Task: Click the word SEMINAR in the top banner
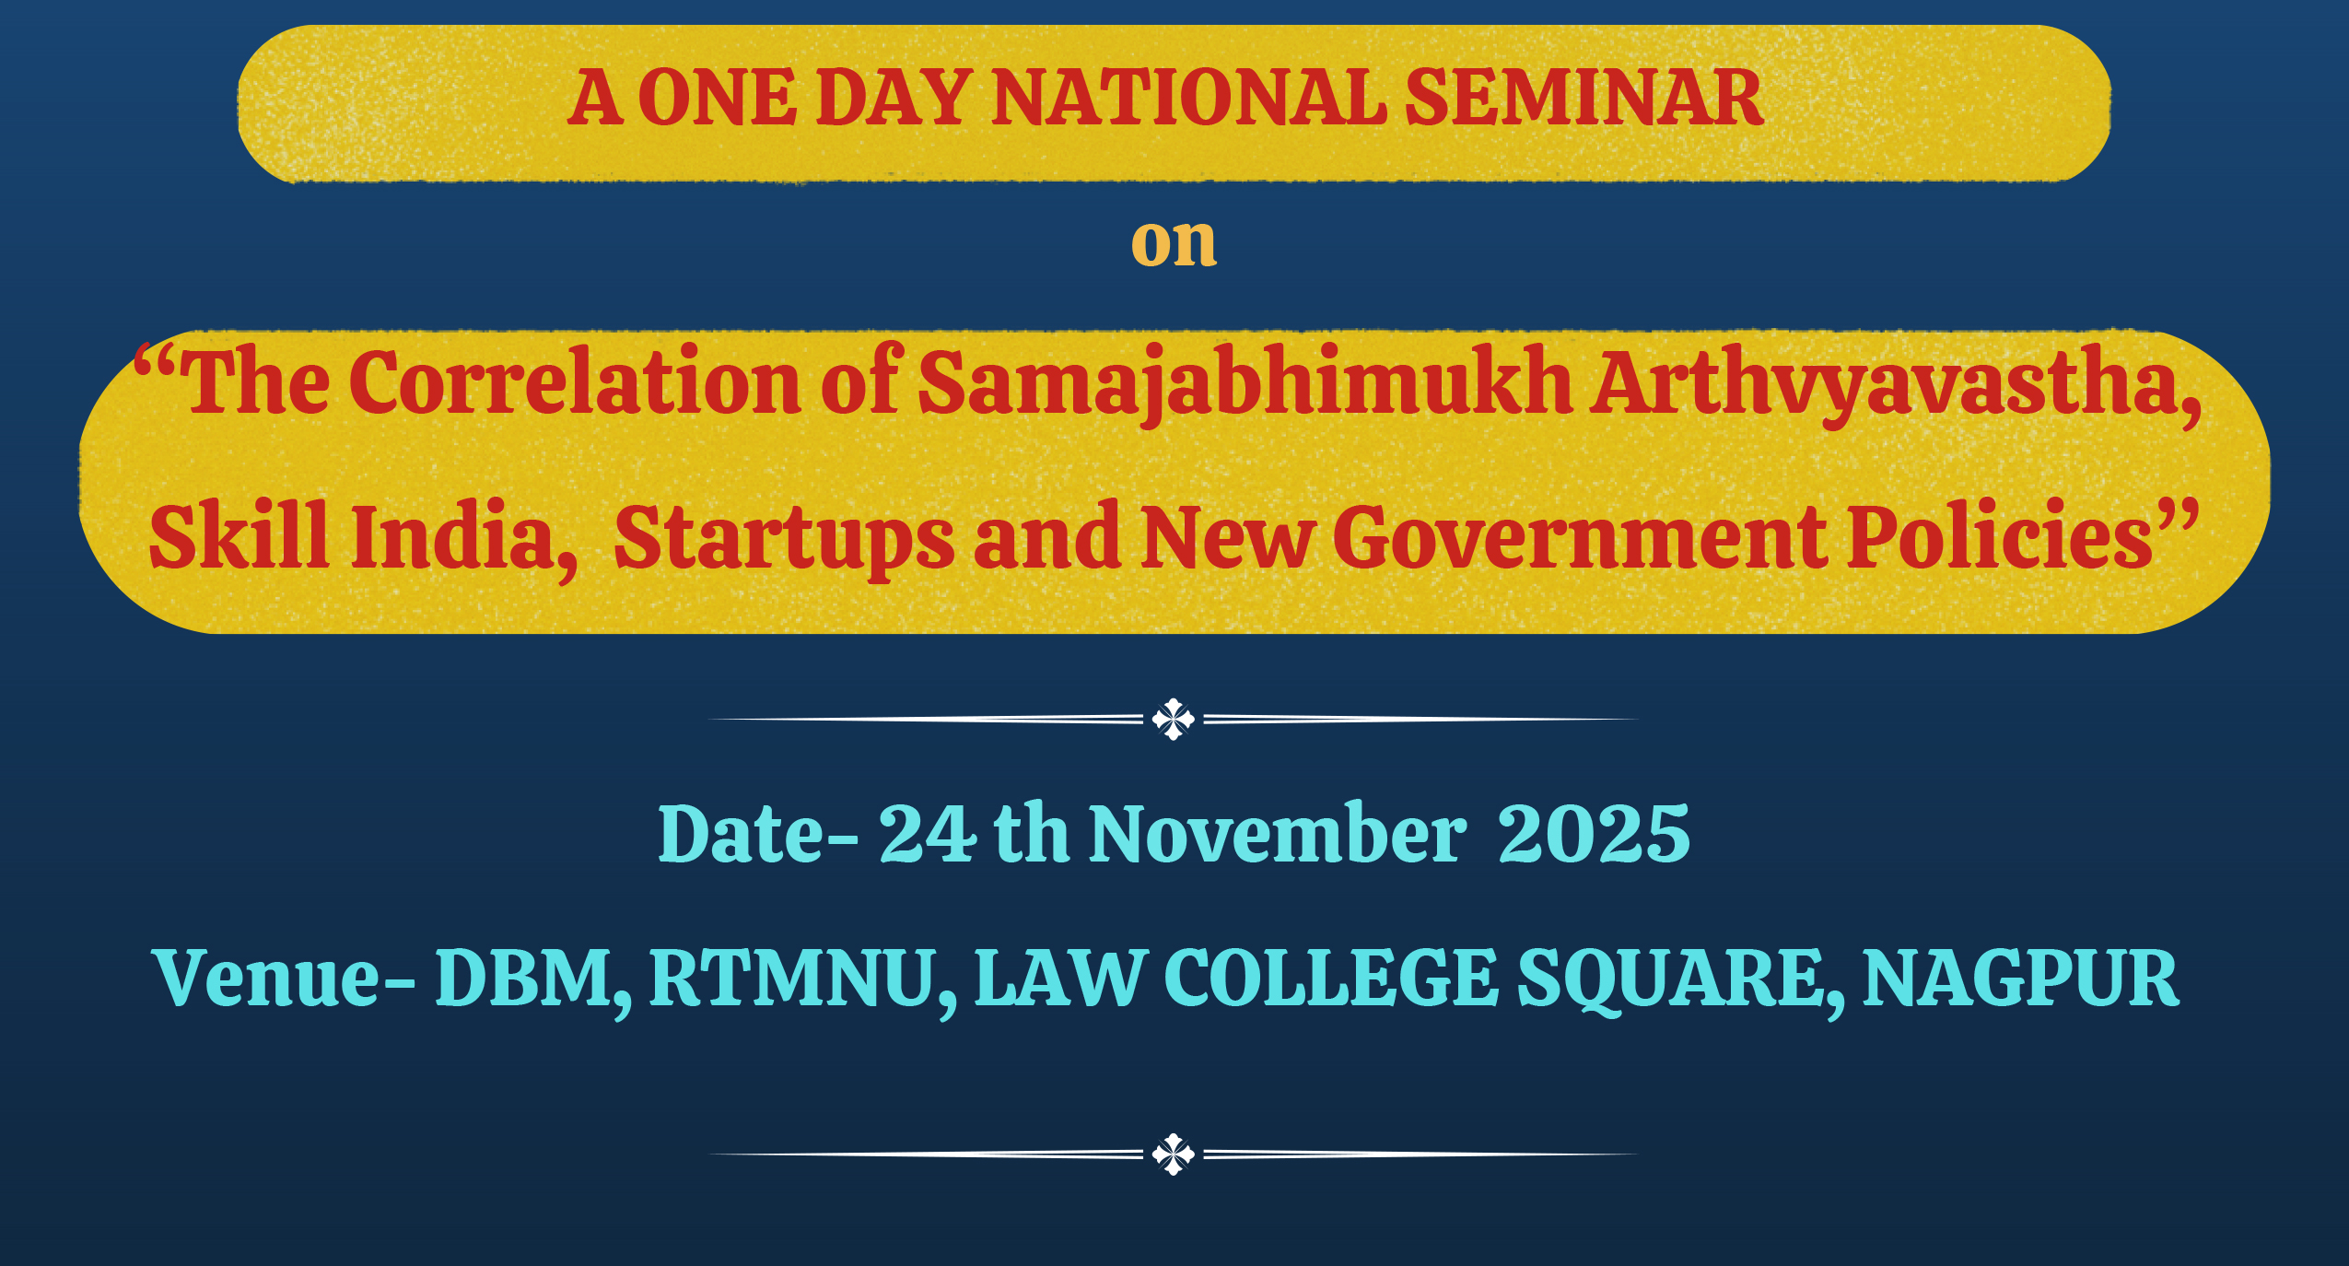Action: click(1584, 98)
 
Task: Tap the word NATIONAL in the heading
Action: click(1189, 98)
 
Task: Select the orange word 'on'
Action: click(1174, 242)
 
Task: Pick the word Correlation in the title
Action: click(575, 381)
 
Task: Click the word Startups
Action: click(784, 538)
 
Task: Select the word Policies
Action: click(2000, 536)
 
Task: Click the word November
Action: click(1279, 833)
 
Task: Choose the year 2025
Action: click(1595, 834)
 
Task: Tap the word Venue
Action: click(268, 978)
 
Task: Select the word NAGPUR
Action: click(2021, 978)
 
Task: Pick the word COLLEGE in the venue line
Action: click(1331, 978)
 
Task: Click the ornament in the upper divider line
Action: click(1173, 719)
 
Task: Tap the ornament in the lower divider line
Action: click(1173, 1154)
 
